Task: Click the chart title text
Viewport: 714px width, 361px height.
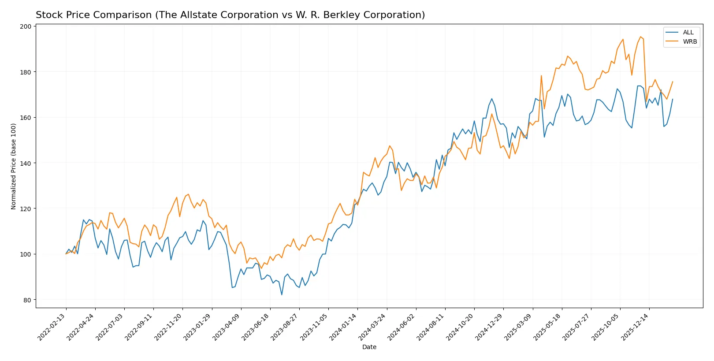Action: click(x=230, y=15)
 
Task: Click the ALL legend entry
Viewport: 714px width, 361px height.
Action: click(x=688, y=33)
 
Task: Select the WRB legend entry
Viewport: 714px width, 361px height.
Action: click(x=689, y=42)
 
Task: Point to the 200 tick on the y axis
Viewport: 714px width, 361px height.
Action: click(x=26, y=26)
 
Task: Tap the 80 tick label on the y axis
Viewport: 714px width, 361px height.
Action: click(x=27, y=300)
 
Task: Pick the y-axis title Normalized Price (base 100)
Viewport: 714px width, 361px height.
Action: click(x=14, y=167)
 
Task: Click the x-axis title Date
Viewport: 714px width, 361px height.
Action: click(x=369, y=347)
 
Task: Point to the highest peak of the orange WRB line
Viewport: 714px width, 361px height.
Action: click(x=640, y=37)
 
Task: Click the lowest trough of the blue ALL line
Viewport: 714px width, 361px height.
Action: click(x=282, y=294)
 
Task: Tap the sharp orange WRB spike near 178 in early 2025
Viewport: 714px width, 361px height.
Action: click(x=541, y=76)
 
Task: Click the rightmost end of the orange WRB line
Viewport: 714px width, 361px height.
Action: click(x=673, y=82)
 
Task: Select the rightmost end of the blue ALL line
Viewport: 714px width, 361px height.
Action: click(x=673, y=99)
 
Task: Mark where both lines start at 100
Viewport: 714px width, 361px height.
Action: click(x=66, y=254)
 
